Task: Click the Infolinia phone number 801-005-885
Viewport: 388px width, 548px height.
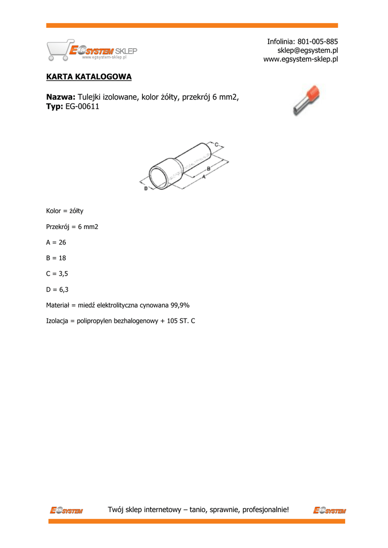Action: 317,42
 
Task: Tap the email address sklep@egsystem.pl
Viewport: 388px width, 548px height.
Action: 307,50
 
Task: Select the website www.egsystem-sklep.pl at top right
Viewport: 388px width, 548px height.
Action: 300,59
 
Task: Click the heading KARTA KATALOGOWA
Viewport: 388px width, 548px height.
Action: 89,77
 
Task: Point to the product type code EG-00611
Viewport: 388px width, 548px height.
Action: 82,107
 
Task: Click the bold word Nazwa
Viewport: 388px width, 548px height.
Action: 60,97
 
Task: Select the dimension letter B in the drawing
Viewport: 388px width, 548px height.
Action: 208,168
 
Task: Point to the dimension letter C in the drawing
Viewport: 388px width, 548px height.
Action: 216,144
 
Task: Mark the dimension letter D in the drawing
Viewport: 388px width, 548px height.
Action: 146,188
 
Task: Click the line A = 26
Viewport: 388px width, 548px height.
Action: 56,242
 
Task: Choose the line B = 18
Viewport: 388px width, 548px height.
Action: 56,258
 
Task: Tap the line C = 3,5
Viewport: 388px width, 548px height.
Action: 57,273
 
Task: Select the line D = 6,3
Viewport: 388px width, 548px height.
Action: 57,290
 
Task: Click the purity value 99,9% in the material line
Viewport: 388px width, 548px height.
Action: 180,305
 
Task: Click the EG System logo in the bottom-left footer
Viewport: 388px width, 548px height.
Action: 66,510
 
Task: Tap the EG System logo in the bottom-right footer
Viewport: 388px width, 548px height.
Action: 329,510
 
